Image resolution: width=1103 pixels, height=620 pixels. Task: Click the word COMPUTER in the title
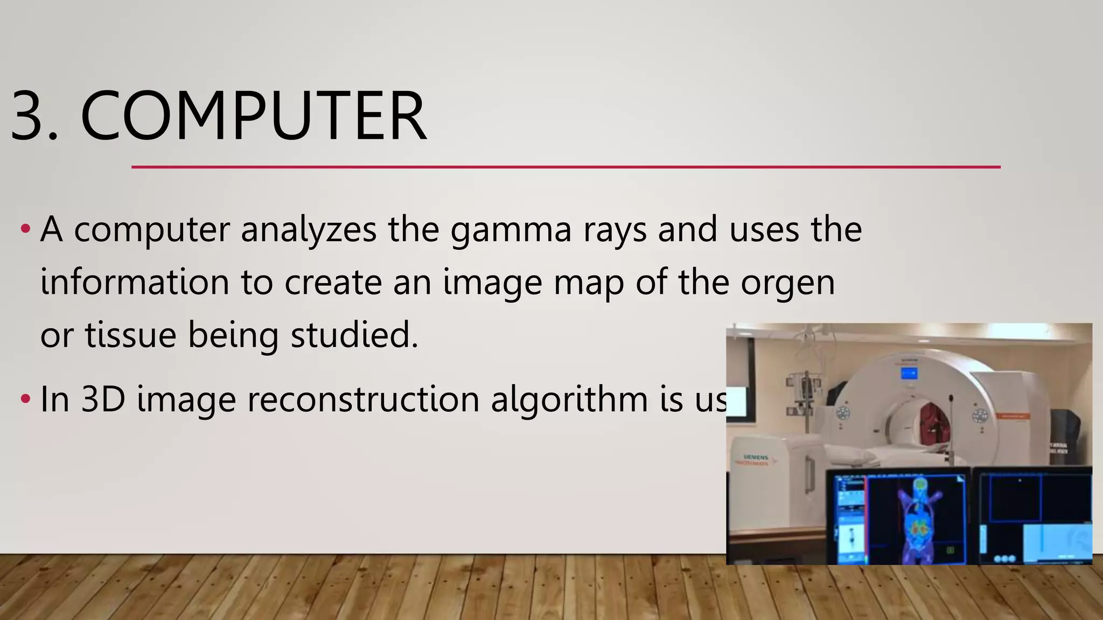coord(253,117)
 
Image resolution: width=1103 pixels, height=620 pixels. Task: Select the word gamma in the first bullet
coord(511,230)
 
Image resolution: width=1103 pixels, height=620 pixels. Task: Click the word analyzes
coord(308,230)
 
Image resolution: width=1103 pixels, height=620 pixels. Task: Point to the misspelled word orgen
coord(787,283)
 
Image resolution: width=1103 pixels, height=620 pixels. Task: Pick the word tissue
coord(130,335)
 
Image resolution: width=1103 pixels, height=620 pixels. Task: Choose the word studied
coord(354,335)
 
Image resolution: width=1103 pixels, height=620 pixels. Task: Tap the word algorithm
coord(569,399)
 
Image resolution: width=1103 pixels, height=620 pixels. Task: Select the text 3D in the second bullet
coord(103,399)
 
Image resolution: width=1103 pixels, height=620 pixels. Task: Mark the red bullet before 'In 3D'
coord(25,399)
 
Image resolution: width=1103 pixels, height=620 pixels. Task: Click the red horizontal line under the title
coord(566,167)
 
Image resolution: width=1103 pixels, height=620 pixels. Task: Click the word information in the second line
coord(135,283)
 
